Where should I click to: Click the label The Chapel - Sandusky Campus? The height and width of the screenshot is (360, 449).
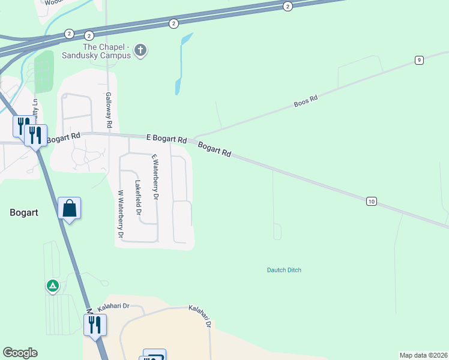tap(106, 51)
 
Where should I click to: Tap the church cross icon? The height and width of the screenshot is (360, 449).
tap(140, 50)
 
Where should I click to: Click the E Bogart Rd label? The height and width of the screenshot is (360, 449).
tap(166, 138)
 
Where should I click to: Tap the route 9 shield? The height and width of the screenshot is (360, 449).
tap(419, 59)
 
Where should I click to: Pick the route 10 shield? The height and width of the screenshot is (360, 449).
tap(372, 202)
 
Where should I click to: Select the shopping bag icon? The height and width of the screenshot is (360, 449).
tap(70, 208)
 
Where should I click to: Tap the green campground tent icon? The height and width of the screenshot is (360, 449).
tap(53, 286)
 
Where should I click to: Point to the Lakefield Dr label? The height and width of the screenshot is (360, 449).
tap(138, 198)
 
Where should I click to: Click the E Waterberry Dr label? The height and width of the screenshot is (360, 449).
tap(155, 177)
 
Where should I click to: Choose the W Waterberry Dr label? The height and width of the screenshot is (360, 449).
tap(121, 214)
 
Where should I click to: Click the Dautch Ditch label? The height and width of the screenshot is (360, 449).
tap(284, 270)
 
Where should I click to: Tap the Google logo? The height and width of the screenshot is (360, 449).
tap(20, 353)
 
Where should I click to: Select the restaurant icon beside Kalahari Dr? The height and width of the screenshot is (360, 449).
tap(95, 325)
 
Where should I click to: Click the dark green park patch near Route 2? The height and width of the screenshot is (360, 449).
tap(44, 69)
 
